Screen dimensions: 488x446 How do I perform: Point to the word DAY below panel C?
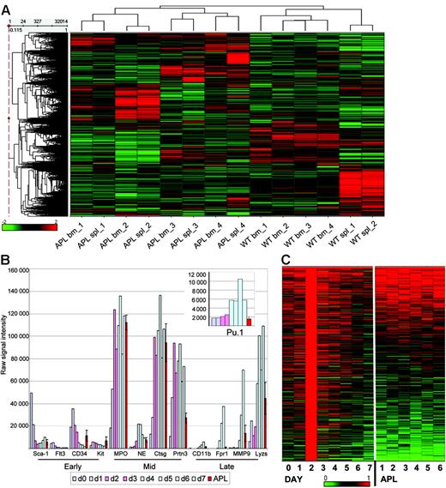tap(298, 479)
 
